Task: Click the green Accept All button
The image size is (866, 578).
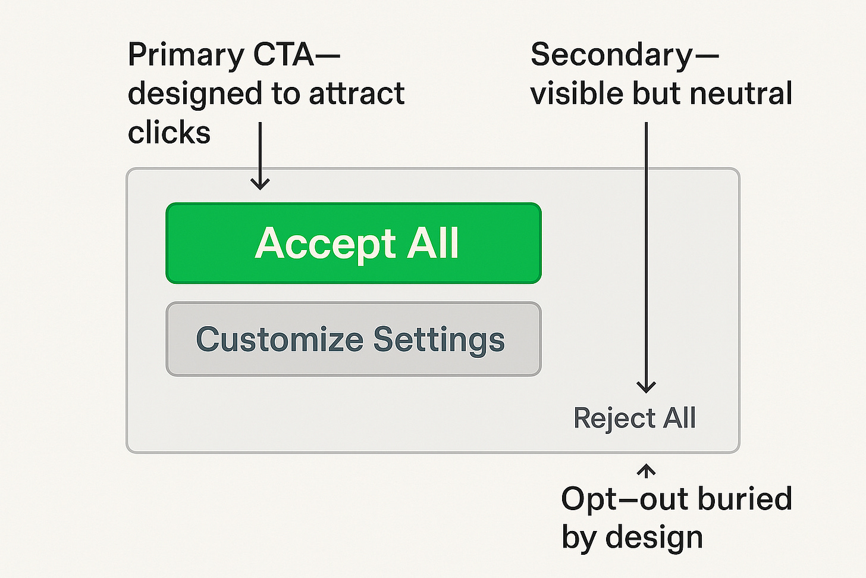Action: (353, 243)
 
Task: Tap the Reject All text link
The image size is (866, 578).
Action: (635, 418)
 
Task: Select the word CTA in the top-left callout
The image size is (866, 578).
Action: (284, 54)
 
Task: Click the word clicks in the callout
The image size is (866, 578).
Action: (169, 132)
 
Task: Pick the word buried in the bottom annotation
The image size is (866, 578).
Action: (745, 499)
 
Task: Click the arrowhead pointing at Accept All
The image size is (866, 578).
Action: (260, 184)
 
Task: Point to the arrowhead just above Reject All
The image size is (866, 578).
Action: (646, 386)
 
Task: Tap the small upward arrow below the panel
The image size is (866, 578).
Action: (646, 471)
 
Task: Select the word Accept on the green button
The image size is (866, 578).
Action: (325, 243)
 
